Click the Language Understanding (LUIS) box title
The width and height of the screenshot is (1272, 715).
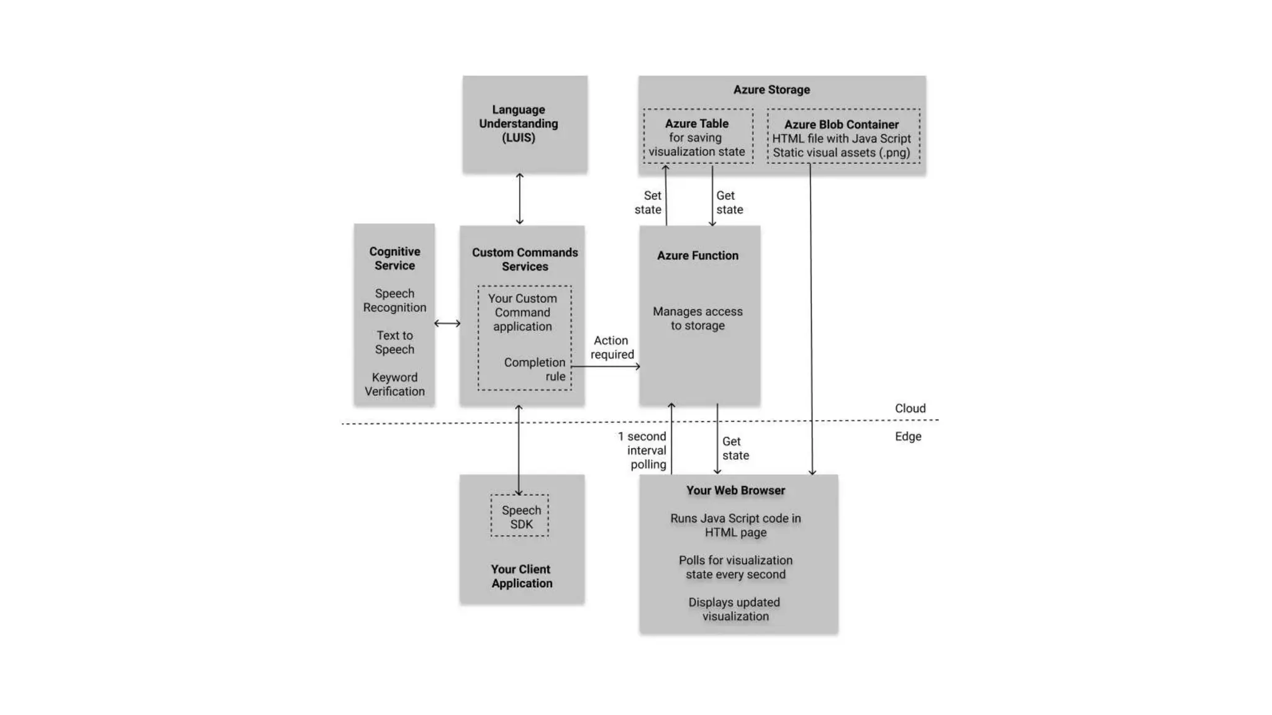(519, 124)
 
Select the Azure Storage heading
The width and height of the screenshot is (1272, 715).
(771, 89)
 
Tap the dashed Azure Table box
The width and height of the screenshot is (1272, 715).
(697, 137)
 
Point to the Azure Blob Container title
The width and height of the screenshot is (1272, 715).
(841, 124)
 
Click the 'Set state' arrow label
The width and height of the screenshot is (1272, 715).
(648, 202)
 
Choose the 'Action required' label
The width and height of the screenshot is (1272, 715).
(612, 348)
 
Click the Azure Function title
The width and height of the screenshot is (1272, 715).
(697, 255)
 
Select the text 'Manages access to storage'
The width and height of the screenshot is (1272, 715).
(697, 318)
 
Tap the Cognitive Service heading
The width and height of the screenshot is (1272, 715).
(394, 258)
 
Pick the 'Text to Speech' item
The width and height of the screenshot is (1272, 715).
(394, 342)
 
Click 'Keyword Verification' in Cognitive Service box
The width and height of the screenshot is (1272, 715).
(394, 384)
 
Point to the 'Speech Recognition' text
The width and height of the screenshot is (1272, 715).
(394, 300)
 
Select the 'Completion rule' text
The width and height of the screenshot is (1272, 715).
(535, 369)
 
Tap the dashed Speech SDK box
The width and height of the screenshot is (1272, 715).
(520, 516)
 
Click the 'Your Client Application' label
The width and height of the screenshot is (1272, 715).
(521, 576)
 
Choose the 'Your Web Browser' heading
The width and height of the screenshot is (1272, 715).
(735, 490)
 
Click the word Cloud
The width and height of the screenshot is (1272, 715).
(910, 408)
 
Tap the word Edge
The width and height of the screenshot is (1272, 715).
(908, 436)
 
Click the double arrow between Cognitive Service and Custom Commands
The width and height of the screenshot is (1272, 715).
(447, 323)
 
